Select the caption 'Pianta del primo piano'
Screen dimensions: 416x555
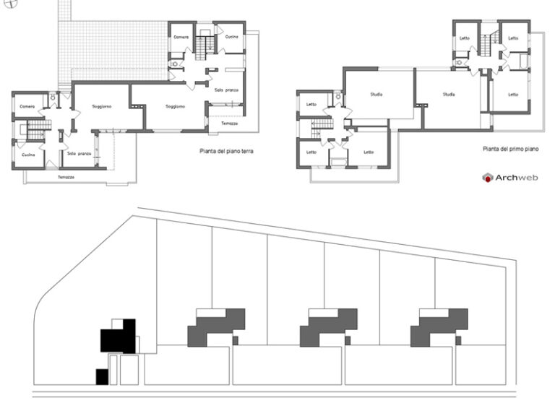click(x=511, y=149)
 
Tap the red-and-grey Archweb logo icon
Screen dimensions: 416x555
click(x=488, y=178)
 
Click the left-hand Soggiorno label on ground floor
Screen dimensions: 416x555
click(x=101, y=106)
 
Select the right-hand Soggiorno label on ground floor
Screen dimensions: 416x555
click(x=175, y=106)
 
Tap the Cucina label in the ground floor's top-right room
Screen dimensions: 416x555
click(x=231, y=36)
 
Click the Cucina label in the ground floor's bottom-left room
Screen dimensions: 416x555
click(x=27, y=155)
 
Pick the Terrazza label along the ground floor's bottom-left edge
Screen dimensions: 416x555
click(x=66, y=177)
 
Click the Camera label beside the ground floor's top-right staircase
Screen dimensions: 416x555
click(x=181, y=36)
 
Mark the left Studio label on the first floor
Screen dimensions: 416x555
click(x=377, y=95)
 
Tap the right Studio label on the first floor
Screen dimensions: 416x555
click(x=449, y=94)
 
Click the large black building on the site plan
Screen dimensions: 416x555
click(x=117, y=338)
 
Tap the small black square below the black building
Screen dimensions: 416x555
click(x=102, y=376)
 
